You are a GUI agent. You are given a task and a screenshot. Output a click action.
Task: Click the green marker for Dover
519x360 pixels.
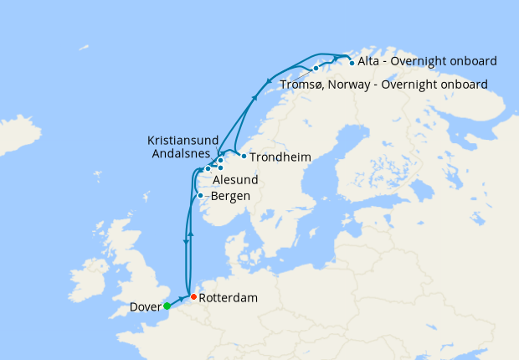[x=167, y=306]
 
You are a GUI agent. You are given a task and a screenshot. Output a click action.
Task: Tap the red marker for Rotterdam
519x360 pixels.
[x=193, y=297]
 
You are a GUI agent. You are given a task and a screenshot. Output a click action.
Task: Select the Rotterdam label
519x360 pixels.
[x=229, y=298]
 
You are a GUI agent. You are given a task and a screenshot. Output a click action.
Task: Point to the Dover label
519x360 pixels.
[x=146, y=307]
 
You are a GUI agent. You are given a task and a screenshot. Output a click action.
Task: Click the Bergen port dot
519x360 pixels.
[x=200, y=196]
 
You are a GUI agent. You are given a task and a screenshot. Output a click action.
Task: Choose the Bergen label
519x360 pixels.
[x=230, y=197]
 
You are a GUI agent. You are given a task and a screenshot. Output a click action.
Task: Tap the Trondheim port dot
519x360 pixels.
[x=243, y=156]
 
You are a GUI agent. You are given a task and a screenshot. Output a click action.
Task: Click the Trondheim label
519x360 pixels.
[x=280, y=157]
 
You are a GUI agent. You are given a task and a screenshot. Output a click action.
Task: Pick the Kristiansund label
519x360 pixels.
[x=182, y=141]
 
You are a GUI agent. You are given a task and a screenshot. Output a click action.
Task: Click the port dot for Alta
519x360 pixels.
[x=351, y=62]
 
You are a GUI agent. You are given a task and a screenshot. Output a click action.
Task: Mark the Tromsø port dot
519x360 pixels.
[x=316, y=68]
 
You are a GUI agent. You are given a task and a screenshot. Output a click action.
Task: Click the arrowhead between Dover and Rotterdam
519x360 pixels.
[x=181, y=299]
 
